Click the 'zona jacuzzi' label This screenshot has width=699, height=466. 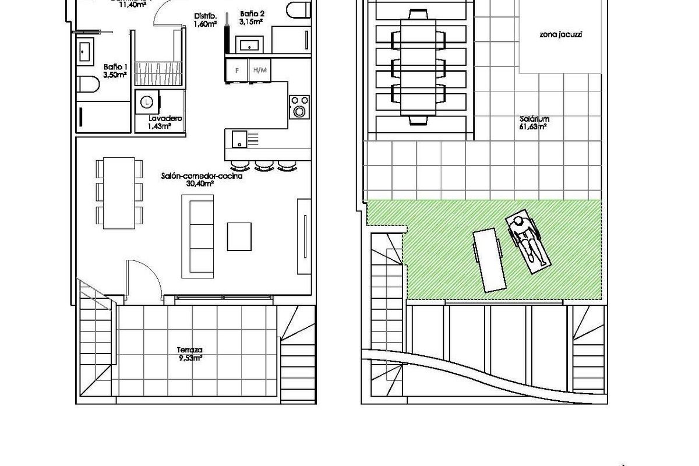(561, 35)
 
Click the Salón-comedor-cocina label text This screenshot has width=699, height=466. (202, 179)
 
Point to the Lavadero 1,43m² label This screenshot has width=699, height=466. (165, 122)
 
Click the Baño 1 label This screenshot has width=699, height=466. (115, 70)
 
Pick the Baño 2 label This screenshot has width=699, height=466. (251, 17)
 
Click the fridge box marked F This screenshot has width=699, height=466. (236, 70)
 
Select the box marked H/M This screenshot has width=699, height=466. (260, 70)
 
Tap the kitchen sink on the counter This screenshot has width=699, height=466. (239, 139)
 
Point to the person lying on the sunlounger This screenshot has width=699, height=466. (528, 241)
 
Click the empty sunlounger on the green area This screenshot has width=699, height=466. (488, 260)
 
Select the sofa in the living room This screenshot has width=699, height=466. (198, 235)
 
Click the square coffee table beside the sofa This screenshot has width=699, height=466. (240, 236)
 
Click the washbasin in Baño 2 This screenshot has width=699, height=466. (250, 44)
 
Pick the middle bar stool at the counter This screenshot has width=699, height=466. (263, 165)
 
